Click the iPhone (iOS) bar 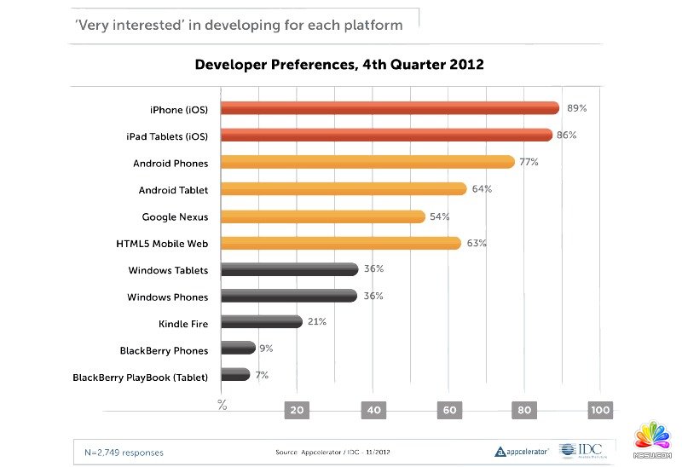[390, 108]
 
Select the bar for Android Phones [367, 162]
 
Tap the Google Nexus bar [323, 216]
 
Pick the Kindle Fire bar [262, 322]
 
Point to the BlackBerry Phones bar [239, 348]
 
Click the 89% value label [577, 108]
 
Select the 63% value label [477, 243]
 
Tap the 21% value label [317, 321]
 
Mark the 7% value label [261, 374]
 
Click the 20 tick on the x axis [298, 410]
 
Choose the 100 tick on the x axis [600, 410]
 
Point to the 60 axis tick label [449, 410]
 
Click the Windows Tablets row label [168, 270]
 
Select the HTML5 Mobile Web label [162, 244]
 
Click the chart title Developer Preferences [339, 65]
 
